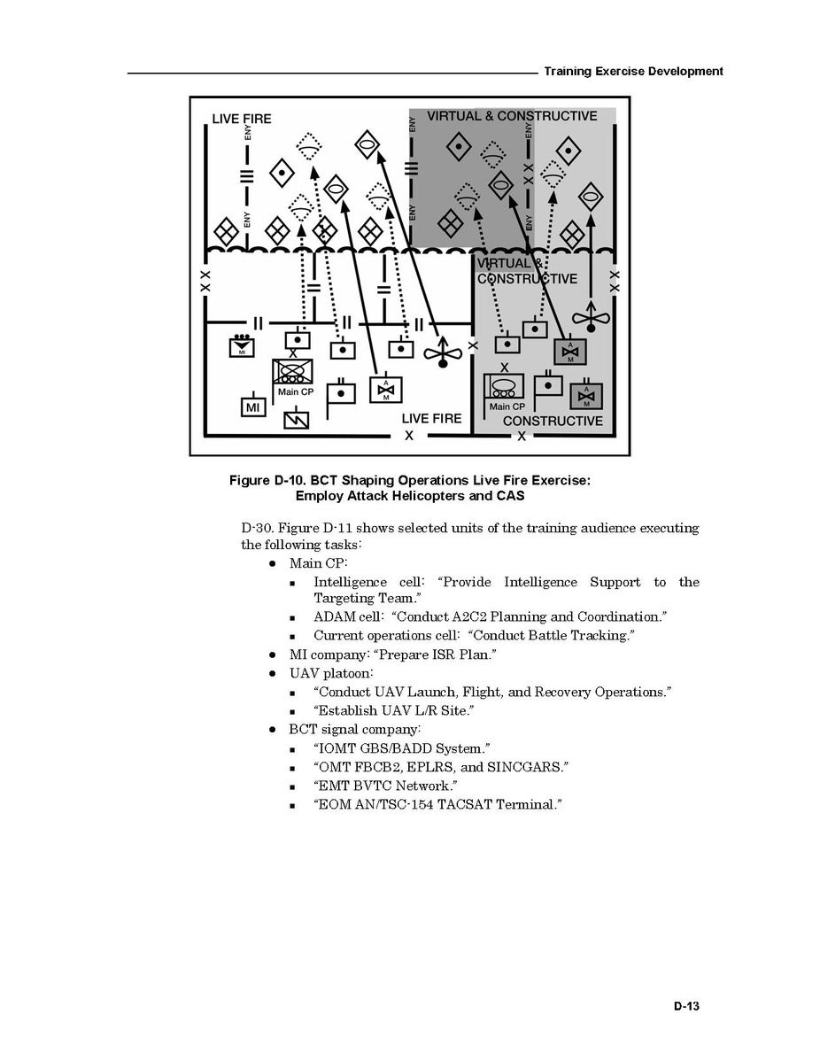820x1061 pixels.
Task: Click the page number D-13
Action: click(x=686, y=1006)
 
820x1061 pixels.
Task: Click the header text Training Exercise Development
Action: click(x=633, y=71)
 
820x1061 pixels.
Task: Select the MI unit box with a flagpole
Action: click(x=253, y=407)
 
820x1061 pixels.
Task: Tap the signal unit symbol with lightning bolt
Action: click(x=296, y=419)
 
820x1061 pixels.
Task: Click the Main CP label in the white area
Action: click(x=295, y=392)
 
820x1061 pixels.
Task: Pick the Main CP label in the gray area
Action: click(x=507, y=407)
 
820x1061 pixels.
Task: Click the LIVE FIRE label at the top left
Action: click(x=242, y=119)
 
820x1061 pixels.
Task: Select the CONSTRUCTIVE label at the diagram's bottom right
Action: click(x=553, y=421)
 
